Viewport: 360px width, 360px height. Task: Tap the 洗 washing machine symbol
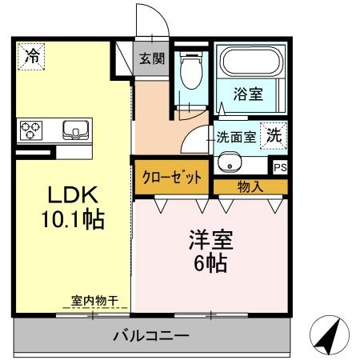click(274, 135)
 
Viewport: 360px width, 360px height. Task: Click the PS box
click(279, 168)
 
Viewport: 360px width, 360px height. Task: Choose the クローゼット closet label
click(172, 177)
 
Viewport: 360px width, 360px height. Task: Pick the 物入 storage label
click(250, 186)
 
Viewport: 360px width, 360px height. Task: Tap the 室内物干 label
click(94, 300)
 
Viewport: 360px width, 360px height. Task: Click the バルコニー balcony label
click(150, 335)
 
